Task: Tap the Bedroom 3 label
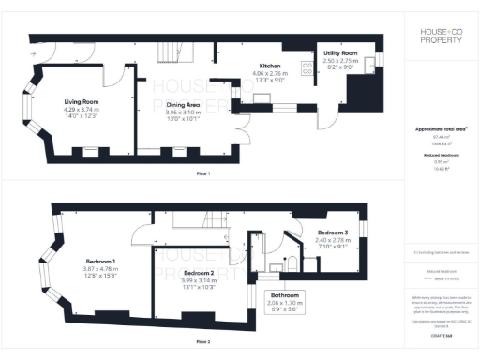[x=332, y=232]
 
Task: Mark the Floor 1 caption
[x=202, y=174]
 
